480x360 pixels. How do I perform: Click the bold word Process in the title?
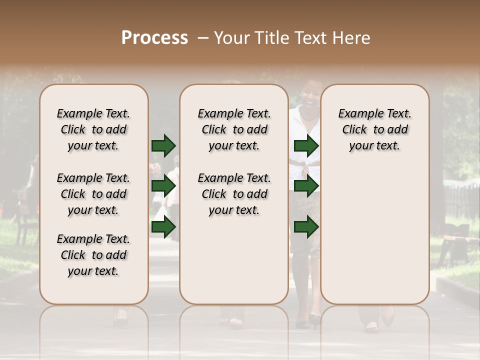(x=154, y=38)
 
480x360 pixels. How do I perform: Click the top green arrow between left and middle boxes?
(x=163, y=145)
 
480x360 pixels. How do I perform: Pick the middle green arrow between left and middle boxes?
(x=163, y=186)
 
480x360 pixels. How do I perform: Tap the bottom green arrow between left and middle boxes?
(x=163, y=227)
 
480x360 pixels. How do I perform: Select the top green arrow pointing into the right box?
(x=306, y=145)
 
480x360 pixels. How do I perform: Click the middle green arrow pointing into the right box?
(x=306, y=186)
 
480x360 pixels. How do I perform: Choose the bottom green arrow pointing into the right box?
(x=306, y=227)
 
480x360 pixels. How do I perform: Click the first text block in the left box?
(x=93, y=129)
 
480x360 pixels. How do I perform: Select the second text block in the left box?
(x=93, y=194)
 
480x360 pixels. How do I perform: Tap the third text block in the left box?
(x=93, y=255)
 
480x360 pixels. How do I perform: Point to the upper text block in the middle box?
(x=234, y=129)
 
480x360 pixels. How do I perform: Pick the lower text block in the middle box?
(x=234, y=194)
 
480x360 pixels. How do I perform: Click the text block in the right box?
(x=375, y=129)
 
